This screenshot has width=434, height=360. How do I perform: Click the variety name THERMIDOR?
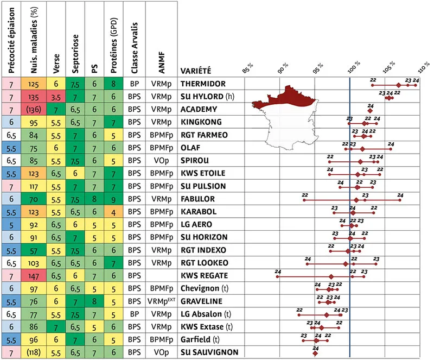click(203, 84)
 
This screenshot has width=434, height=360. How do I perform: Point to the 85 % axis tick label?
click(247, 68)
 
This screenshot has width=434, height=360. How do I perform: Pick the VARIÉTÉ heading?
click(196, 71)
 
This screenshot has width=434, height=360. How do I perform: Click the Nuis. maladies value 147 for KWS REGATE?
click(35, 275)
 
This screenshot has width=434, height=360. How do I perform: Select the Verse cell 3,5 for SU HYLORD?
click(55, 97)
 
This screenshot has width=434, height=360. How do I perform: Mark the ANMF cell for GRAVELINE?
click(162, 301)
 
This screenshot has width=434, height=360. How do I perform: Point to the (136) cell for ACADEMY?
click(35, 110)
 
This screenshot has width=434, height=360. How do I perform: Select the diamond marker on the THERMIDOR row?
click(399, 85)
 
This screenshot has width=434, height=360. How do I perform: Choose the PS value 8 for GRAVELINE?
click(94, 301)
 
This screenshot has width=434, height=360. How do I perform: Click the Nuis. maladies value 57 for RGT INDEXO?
click(35, 250)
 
